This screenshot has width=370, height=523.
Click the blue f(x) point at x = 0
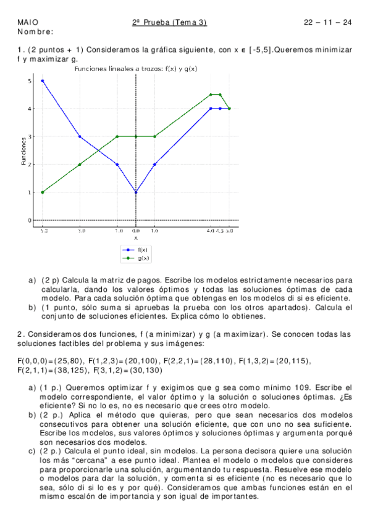click(x=136, y=192)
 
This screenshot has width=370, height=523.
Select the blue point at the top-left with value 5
click(x=43, y=81)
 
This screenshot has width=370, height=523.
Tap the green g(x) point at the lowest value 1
click(x=43, y=192)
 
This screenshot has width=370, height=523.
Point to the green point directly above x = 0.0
click(x=136, y=136)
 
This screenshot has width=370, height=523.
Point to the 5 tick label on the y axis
click(x=30, y=81)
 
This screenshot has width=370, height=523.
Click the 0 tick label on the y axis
click(x=30, y=220)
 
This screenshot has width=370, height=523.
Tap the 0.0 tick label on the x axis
click(x=136, y=231)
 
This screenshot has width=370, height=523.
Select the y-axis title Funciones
click(x=23, y=150)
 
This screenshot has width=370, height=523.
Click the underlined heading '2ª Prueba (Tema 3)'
click(x=169, y=23)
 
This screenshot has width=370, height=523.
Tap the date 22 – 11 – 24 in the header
click(x=327, y=23)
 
